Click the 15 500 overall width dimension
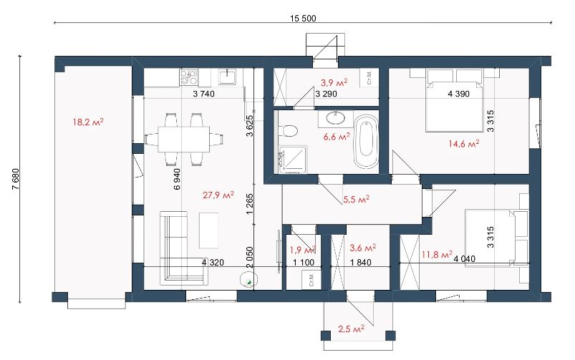click(303, 19)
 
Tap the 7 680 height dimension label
click(16, 179)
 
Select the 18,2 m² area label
click(88, 122)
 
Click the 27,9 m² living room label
click(218, 195)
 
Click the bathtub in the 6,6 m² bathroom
click(366, 142)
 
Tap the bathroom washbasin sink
click(336, 118)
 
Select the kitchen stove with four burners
click(188, 77)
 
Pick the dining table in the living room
click(184, 140)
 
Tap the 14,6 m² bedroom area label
click(463, 144)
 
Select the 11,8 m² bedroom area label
click(437, 254)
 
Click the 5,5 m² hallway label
click(356, 200)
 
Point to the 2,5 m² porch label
click(351, 329)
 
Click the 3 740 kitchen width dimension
click(203, 94)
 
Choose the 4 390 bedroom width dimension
click(458, 94)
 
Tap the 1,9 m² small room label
click(303, 250)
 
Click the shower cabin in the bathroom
click(292, 160)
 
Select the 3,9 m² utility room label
click(334, 83)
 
